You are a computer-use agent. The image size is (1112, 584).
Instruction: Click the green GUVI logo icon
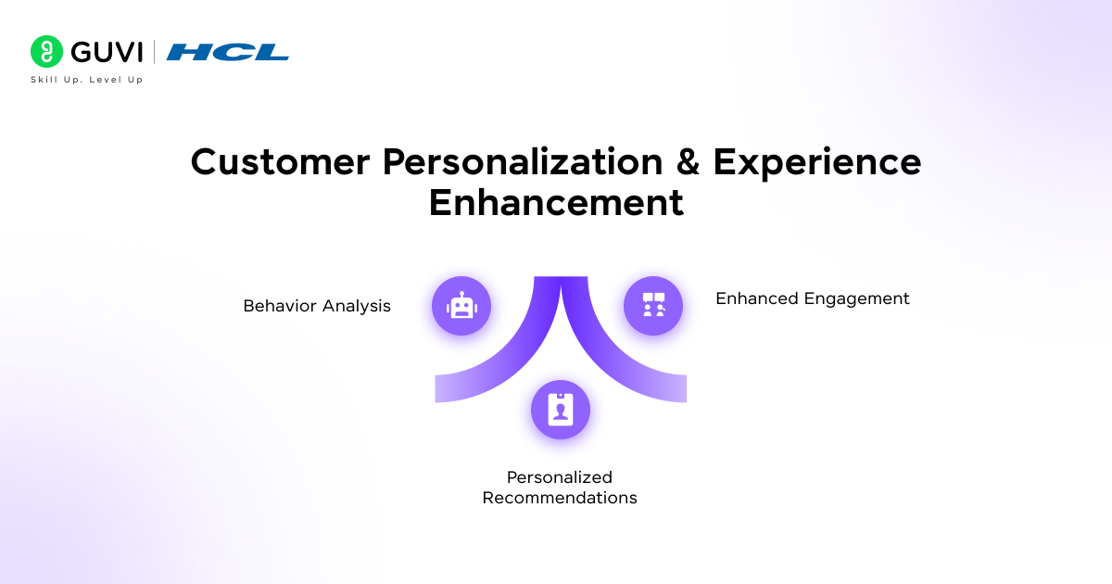click(x=46, y=52)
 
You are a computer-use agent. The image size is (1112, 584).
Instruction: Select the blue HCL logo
click(x=228, y=52)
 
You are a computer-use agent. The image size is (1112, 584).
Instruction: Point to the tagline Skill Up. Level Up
click(x=87, y=80)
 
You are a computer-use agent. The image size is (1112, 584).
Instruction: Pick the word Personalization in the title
click(x=523, y=162)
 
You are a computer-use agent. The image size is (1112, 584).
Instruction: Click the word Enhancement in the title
click(x=556, y=202)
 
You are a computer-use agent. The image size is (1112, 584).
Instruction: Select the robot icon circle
click(x=461, y=306)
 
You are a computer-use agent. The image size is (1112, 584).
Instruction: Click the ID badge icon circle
click(x=561, y=410)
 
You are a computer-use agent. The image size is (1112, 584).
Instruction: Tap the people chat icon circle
click(x=653, y=306)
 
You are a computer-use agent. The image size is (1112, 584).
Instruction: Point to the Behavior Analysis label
click(x=317, y=306)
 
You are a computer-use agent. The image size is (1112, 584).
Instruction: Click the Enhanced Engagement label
click(x=813, y=298)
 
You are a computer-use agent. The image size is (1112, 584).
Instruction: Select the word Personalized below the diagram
click(x=560, y=477)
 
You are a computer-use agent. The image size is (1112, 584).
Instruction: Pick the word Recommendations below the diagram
click(x=560, y=498)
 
